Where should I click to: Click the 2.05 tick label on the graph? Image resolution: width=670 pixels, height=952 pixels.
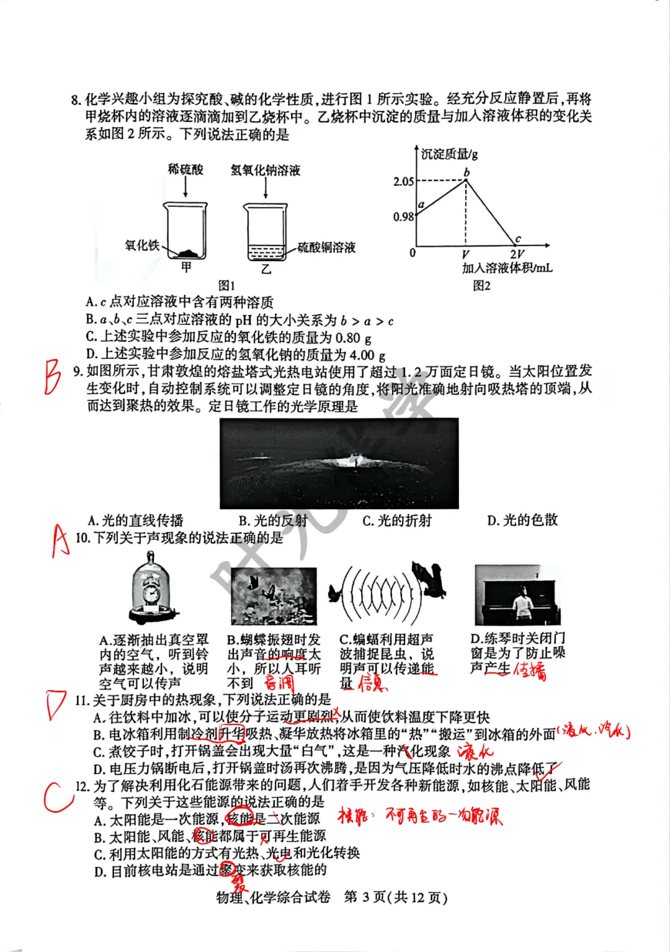click(403, 181)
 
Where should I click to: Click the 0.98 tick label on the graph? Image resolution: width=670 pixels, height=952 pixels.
click(403, 216)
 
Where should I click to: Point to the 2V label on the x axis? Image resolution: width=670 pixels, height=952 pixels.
click(516, 254)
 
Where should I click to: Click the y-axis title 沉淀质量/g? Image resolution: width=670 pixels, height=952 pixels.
click(449, 154)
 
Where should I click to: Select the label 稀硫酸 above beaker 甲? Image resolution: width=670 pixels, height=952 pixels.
click(185, 169)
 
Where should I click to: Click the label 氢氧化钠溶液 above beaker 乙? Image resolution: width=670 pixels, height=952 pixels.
click(265, 170)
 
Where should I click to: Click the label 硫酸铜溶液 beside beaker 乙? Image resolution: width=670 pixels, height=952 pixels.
click(326, 247)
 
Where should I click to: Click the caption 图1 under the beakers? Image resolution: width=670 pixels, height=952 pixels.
click(226, 285)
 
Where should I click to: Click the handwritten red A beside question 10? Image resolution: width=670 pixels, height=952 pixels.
click(60, 541)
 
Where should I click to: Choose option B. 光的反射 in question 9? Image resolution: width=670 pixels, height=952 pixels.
click(273, 520)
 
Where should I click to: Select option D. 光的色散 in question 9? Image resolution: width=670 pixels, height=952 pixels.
click(522, 520)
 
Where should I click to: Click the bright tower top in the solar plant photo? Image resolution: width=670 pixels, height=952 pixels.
click(355, 460)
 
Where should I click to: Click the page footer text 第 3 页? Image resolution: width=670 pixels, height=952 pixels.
click(366, 897)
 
